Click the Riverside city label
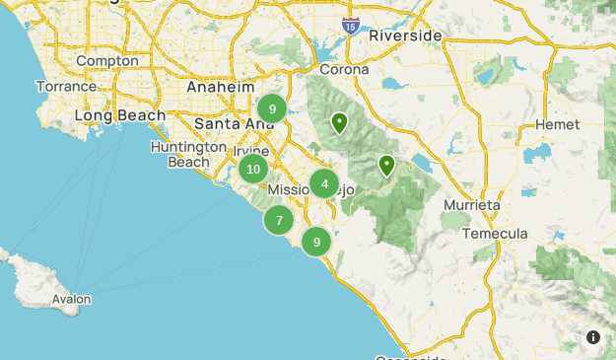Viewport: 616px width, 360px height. click(x=405, y=36)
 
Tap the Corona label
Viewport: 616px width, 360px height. click(x=344, y=70)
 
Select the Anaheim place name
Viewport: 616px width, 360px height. click(x=221, y=87)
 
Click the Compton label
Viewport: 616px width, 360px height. click(x=106, y=61)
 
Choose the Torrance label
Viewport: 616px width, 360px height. click(x=67, y=87)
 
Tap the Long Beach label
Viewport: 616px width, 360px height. click(x=120, y=116)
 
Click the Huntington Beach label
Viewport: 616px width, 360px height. click(x=181, y=154)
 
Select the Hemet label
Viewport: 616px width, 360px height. click(x=558, y=125)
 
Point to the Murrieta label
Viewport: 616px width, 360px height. click(x=472, y=205)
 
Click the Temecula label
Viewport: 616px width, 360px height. click(x=500, y=234)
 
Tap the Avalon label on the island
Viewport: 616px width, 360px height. click(x=72, y=299)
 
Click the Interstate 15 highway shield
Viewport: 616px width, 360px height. click(x=350, y=26)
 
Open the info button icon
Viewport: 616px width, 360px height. click(x=593, y=337)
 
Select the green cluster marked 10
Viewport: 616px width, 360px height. click(x=253, y=169)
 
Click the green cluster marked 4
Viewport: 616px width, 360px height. click(x=324, y=183)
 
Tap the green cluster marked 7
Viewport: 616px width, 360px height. click(x=279, y=220)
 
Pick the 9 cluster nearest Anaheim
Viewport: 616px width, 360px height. click(x=272, y=108)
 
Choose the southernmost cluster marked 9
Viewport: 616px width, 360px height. click(x=316, y=242)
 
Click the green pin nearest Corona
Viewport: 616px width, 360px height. click(x=339, y=123)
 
